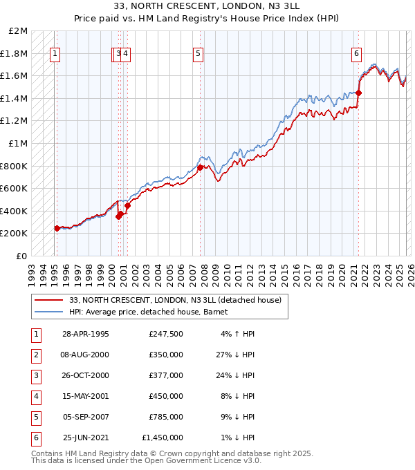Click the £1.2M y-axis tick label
[15, 121]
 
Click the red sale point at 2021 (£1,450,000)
[358, 93]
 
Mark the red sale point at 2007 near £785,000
[200, 167]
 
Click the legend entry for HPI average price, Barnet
[153, 312]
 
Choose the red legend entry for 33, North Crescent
[175, 300]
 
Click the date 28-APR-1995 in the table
[86, 334]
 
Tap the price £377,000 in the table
[166, 375]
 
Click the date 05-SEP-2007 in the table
[86, 417]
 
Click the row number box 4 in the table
[35, 396]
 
